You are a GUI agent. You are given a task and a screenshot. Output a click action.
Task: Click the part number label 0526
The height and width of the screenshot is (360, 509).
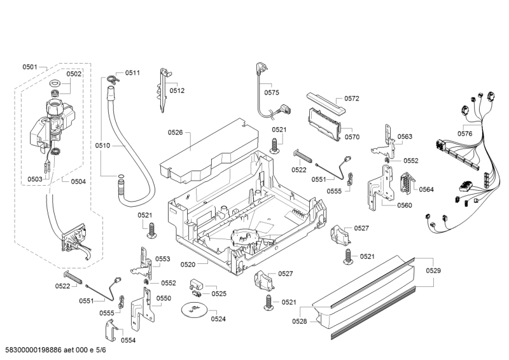(x=176, y=132)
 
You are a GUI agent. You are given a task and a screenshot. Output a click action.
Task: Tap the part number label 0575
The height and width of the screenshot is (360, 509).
(x=272, y=92)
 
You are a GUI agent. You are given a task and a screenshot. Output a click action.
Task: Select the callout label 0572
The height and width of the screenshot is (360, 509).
(x=352, y=99)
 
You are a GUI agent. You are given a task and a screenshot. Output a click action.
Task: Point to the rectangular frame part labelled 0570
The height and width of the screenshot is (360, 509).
(x=323, y=122)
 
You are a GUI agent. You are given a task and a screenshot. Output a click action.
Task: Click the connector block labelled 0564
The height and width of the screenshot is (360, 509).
(x=403, y=184)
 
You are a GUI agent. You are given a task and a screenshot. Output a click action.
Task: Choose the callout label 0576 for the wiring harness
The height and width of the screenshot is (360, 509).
(x=465, y=134)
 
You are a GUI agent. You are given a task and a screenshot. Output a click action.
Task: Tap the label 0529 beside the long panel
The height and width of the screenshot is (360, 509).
(x=433, y=270)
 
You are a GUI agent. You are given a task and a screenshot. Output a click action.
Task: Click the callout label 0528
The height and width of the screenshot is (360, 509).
(x=299, y=321)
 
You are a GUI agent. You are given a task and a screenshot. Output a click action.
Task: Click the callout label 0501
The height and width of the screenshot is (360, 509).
(x=30, y=67)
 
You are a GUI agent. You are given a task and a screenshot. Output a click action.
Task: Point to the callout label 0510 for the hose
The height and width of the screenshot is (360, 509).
(x=103, y=146)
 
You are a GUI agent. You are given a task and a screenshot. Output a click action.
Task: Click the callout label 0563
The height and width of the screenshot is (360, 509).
(x=405, y=137)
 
